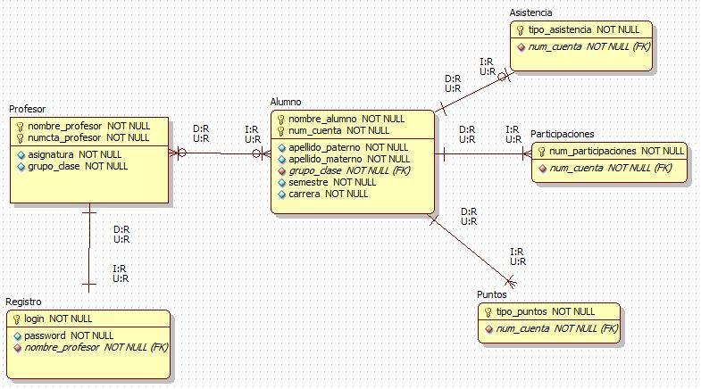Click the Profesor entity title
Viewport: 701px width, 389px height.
pyautogui.click(x=28, y=109)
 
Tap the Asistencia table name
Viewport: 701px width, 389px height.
pyautogui.click(x=530, y=12)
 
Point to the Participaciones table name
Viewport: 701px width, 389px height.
pyautogui.click(x=562, y=134)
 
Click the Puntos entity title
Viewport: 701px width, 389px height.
pyautogui.click(x=491, y=294)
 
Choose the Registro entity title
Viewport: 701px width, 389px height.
pyautogui.click(x=23, y=302)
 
